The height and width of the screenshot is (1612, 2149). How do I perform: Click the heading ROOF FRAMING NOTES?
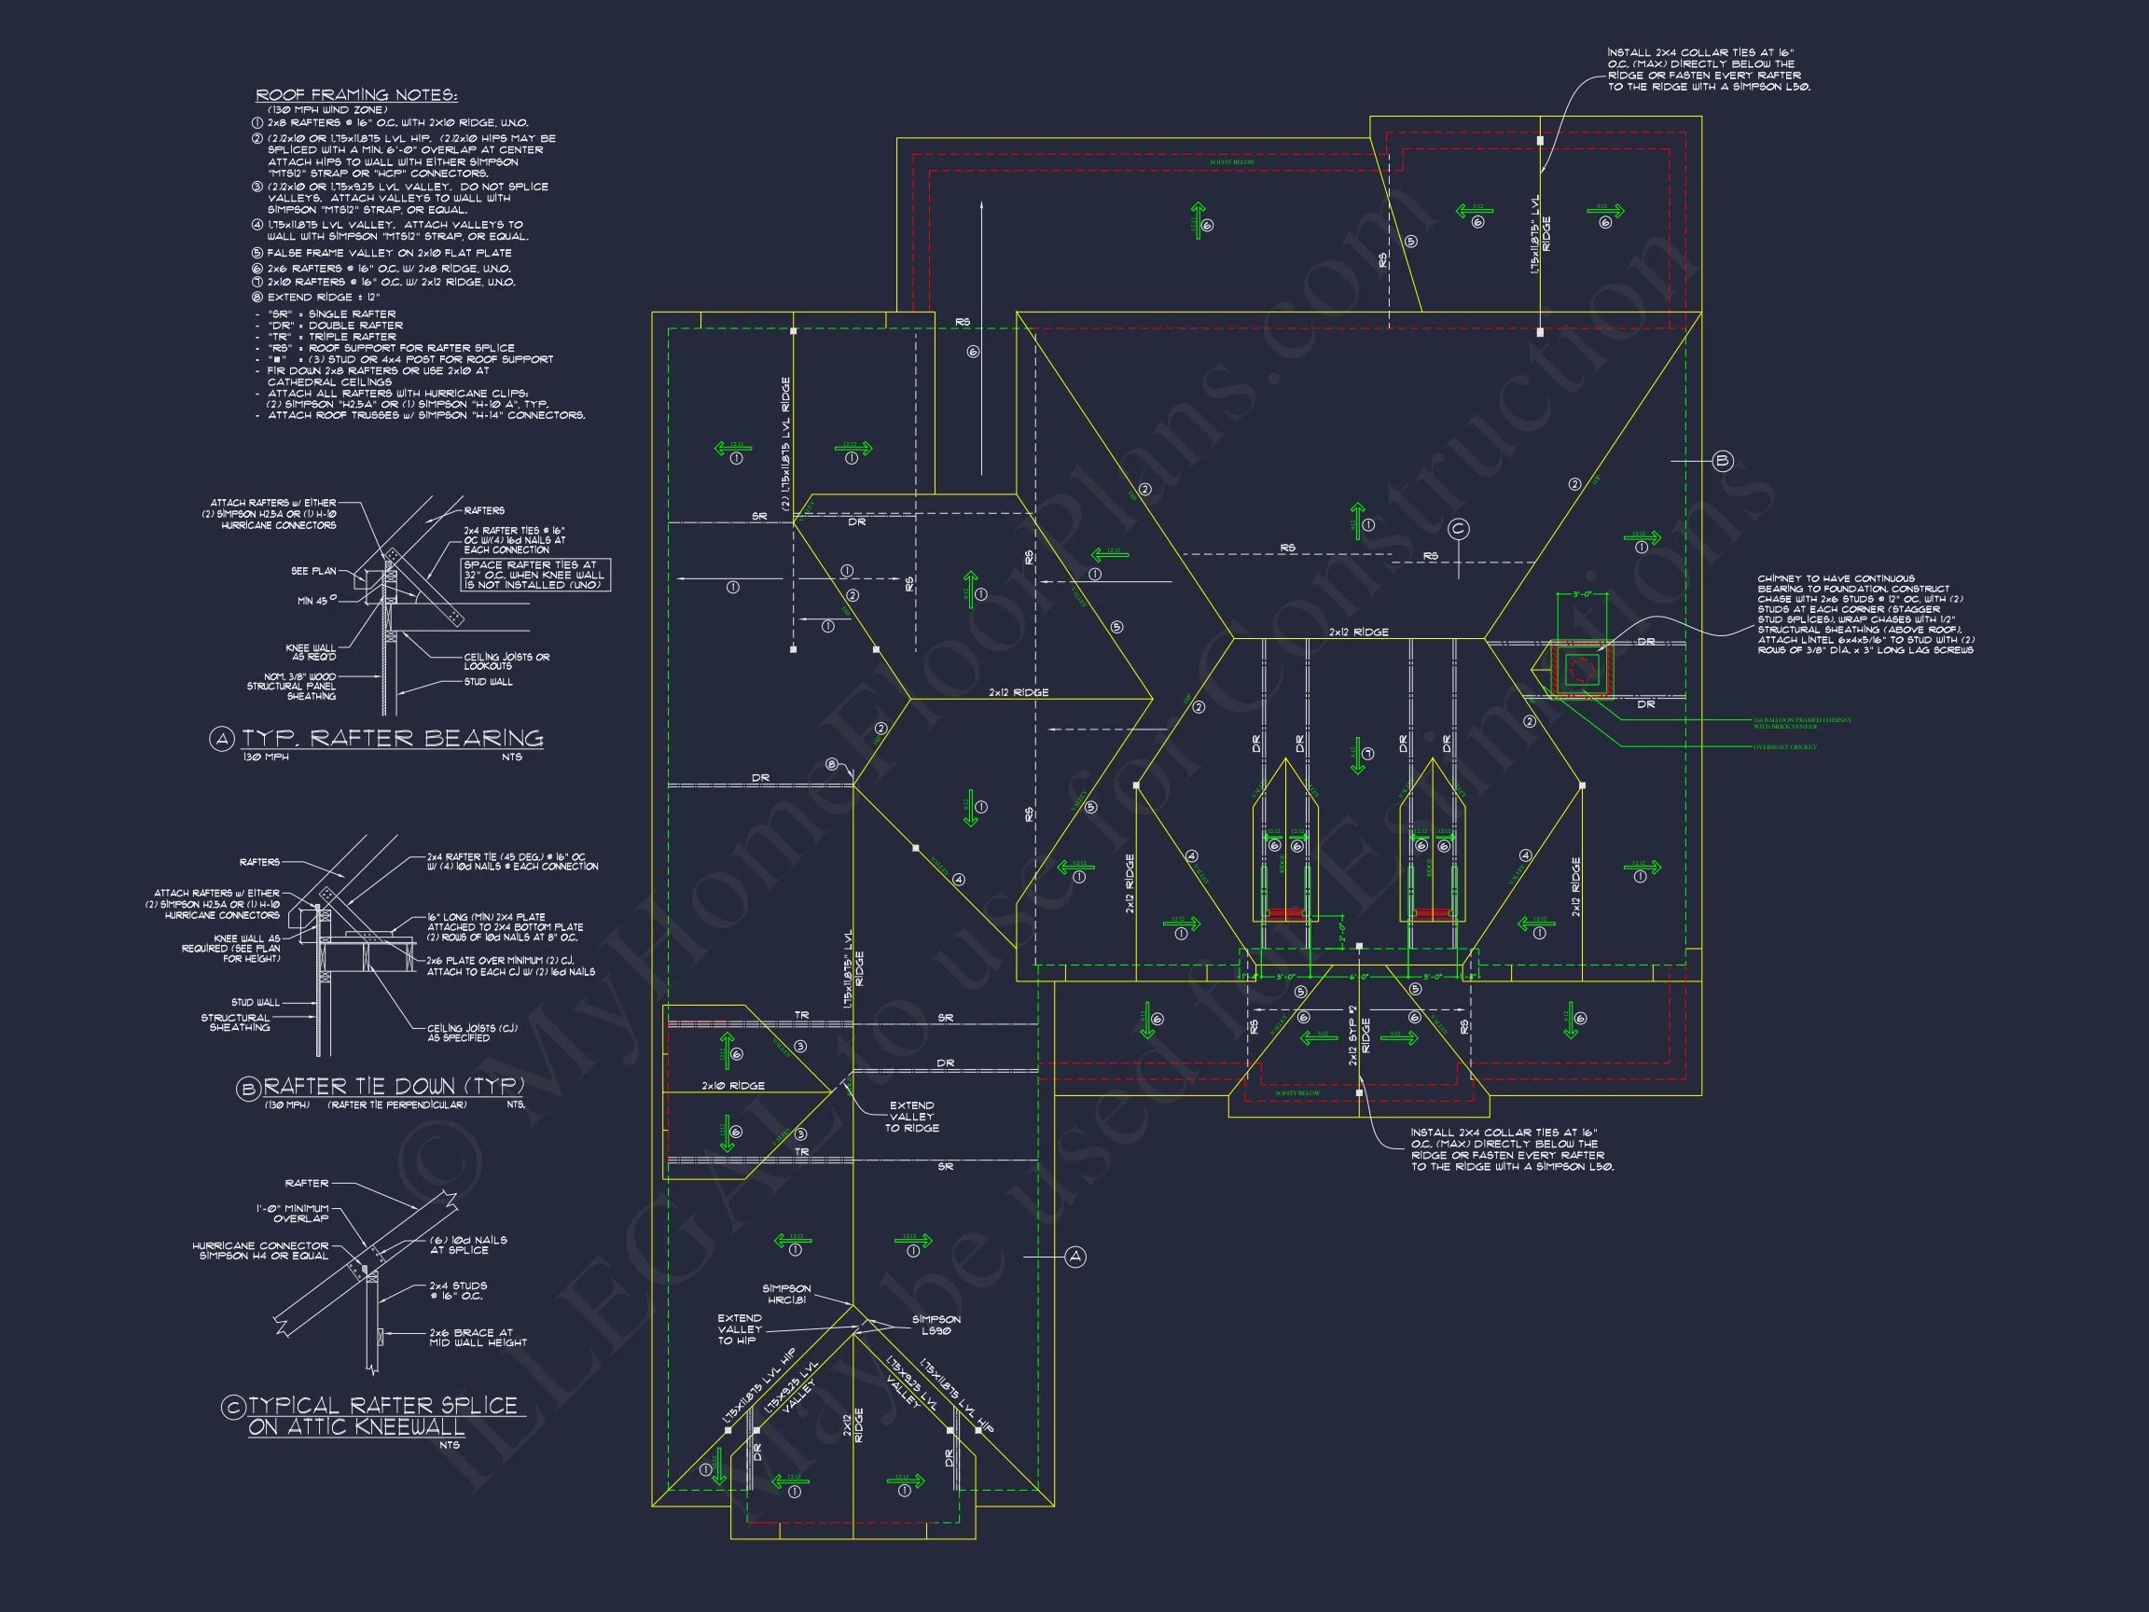(x=356, y=95)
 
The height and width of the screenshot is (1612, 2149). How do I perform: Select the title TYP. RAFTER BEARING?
(x=392, y=739)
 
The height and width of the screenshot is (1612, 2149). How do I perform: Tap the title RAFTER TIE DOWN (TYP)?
(x=395, y=1086)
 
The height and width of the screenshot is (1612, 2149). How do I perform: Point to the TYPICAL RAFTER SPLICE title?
(x=382, y=1406)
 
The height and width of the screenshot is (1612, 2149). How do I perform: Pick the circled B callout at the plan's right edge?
(x=1723, y=461)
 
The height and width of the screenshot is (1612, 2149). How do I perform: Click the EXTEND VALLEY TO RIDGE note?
(x=911, y=1117)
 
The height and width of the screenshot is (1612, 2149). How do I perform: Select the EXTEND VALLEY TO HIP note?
(x=740, y=1329)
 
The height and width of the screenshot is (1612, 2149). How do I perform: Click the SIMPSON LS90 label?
(x=936, y=1325)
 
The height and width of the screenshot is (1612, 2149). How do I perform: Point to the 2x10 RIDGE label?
(x=733, y=1085)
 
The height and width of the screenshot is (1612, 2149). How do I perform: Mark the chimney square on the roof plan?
(x=1582, y=670)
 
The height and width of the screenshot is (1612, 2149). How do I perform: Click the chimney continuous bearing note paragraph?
(x=1865, y=614)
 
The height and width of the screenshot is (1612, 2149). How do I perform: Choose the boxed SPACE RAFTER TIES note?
(x=534, y=575)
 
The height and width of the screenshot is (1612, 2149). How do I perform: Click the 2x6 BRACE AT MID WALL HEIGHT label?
(x=478, y=1337)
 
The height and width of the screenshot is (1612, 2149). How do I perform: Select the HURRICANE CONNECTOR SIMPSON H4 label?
(x=260, y=1251)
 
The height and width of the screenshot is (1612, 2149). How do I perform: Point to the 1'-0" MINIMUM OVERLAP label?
(x=293, y=1213)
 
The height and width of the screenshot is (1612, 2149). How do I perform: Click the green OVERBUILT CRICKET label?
(x=1784, y=746)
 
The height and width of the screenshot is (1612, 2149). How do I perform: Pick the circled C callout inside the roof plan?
(x=1458, y=529)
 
